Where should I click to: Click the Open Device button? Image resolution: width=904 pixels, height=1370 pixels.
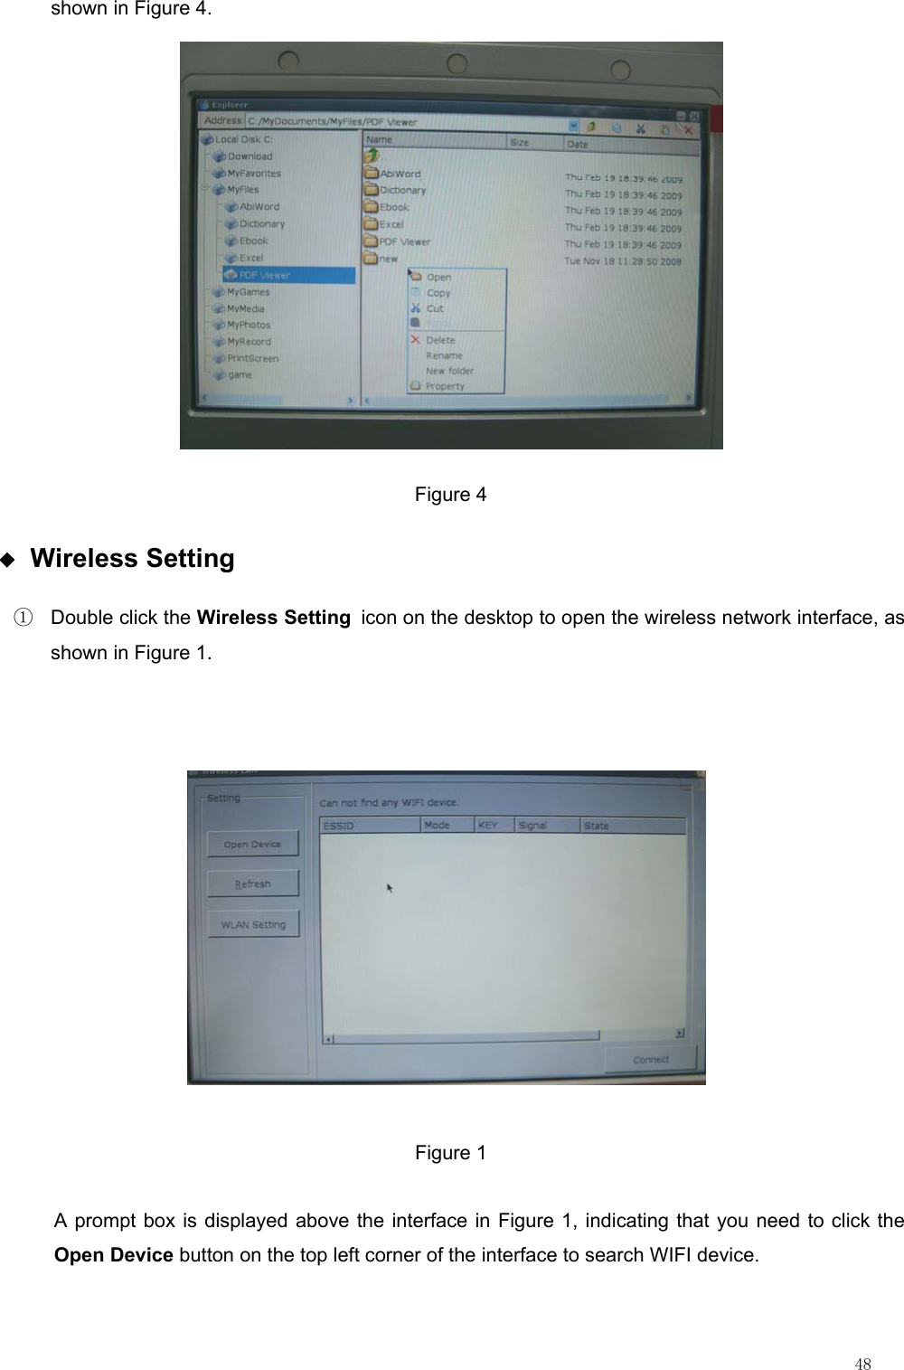tap(252, 844)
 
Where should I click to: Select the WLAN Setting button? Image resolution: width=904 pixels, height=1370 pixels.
tap(253, 924)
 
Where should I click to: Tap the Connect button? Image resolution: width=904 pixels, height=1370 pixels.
tap(651, 1059)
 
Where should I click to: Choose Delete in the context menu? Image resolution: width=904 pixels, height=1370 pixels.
tap(440, 340)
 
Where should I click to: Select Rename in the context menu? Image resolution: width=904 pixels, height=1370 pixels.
tap(444, 355)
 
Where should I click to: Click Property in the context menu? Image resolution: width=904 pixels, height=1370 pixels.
tap(445, 386)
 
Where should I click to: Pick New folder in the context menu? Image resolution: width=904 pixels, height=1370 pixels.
tap(449, 371)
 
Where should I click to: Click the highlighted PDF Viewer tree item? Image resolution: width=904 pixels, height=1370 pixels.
tap(264, 275)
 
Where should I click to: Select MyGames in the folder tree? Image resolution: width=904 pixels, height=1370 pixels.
tap(248, 292)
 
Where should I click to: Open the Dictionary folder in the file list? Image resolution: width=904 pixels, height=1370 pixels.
tap(402, 190)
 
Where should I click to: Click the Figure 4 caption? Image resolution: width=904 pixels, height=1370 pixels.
tap(450, 495)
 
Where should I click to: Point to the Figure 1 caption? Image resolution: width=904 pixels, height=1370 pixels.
tap(450, 1153)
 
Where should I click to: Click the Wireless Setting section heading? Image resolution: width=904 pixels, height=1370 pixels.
tap(132, 558)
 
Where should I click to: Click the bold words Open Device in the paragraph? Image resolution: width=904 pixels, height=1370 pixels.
tap(114, 1255)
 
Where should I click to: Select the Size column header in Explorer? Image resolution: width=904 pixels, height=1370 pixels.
tap(520, 143)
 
